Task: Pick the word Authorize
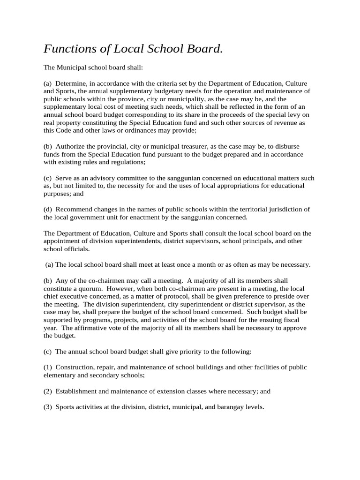click(x=71, y=146)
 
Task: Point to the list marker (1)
click(x=48, y=367)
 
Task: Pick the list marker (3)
click(x=48, y=407)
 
